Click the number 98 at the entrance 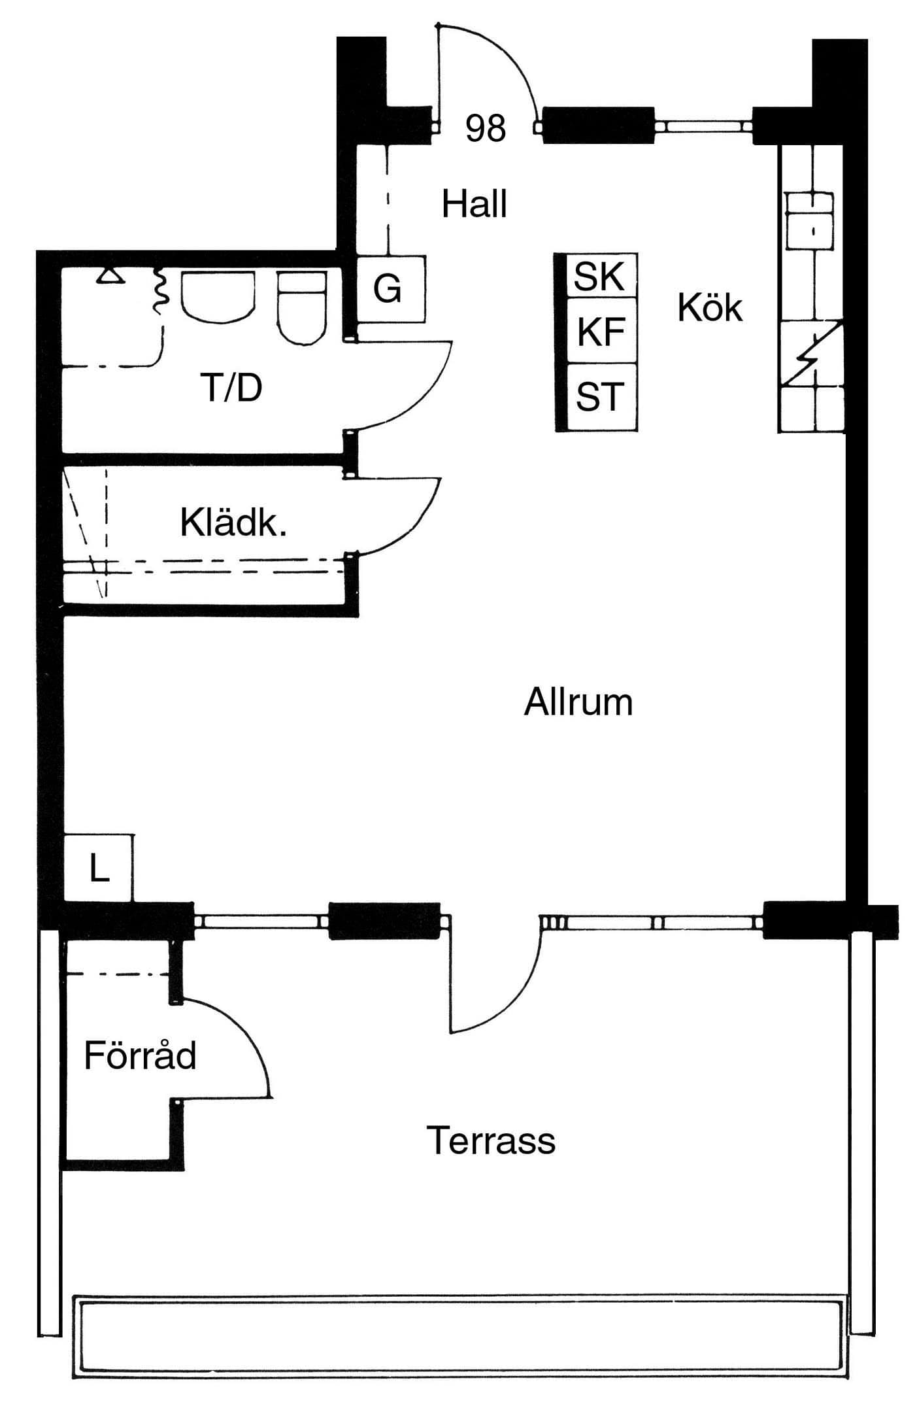pos(486,128)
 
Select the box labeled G pos(391,288)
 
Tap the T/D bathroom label pos(232,387)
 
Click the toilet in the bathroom pos(302,307)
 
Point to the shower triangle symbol pos(110,277)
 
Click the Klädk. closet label pos(233,523)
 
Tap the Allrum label pos(578,702)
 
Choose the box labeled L pos(99,868)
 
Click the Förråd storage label pos(140,1055)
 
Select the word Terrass pos(491,1140)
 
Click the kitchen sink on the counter pos(810,221)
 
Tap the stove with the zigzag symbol pos(811,352)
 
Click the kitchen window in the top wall pos(703,125)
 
